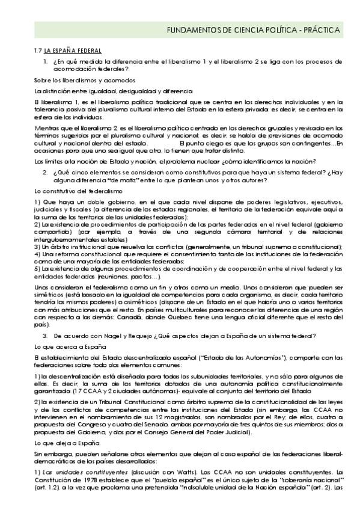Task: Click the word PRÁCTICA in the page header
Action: click(321, 29)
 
